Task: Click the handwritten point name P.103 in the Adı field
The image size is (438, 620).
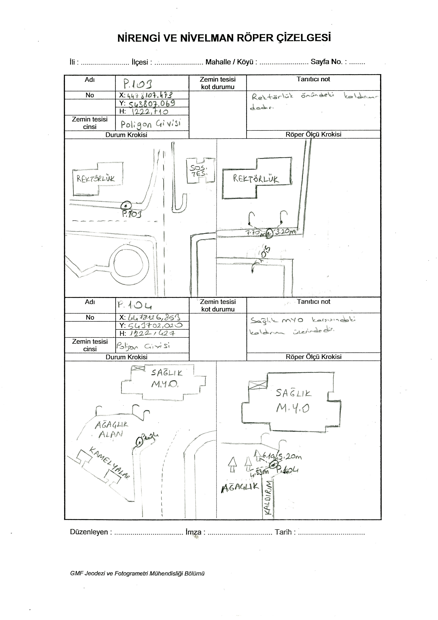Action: click(138, 84)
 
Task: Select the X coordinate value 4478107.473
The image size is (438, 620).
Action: click(150, 95)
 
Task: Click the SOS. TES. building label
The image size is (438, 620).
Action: click(199, 171)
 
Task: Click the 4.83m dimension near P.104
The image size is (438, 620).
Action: click(260, 472)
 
